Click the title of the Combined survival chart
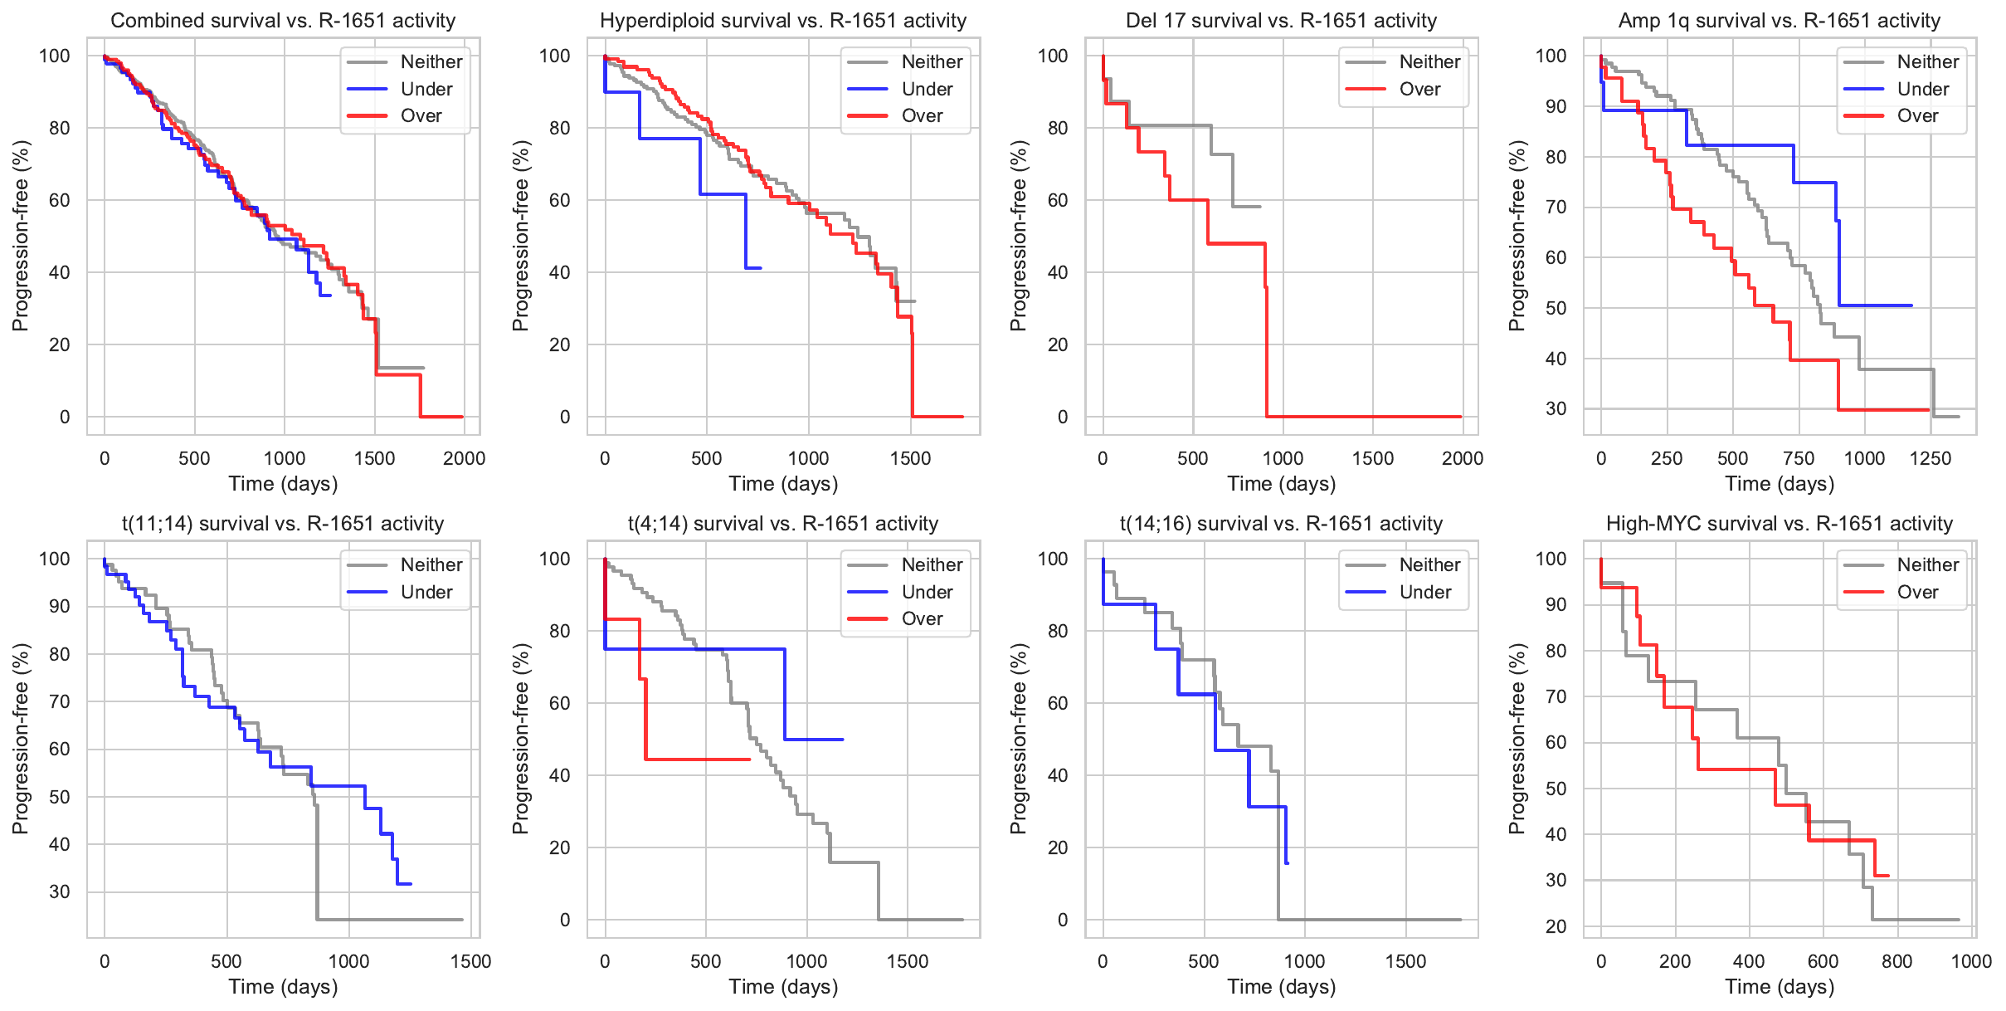[x=283, y=20]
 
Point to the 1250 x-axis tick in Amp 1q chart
[x=1931, y=458]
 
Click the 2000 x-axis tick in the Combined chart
[x=464, y=458]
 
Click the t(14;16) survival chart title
[x=1281, y=523]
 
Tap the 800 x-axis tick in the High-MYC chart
[x=1896, y=961]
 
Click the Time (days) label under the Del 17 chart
[x=1281, y=484]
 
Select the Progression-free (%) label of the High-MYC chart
[x=1517, y=739]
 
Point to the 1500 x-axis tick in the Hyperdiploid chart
[x=910, y=458]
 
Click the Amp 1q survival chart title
[x=1779, y=20]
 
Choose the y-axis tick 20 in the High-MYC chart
[x=1556, y=926]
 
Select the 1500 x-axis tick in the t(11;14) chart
[x=470, y=961]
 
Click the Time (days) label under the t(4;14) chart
[x=783, y=987]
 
